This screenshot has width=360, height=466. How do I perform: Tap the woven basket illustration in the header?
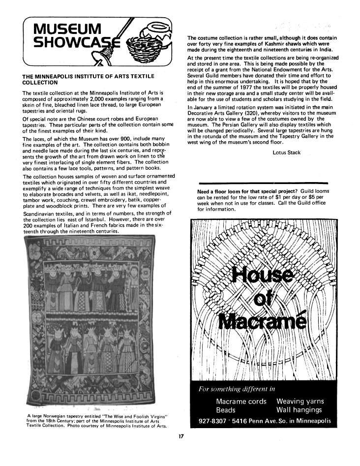point(152,41)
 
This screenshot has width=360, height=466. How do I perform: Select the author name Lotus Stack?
point(286,153)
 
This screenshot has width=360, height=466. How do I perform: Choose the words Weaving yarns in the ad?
point(300,401)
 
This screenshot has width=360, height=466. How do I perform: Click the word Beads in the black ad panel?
point(226,410)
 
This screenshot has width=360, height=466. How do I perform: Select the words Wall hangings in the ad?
point(299,410)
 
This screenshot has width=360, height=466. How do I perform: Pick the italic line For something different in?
point(237,390)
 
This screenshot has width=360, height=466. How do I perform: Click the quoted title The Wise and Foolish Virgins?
point(124,416)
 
